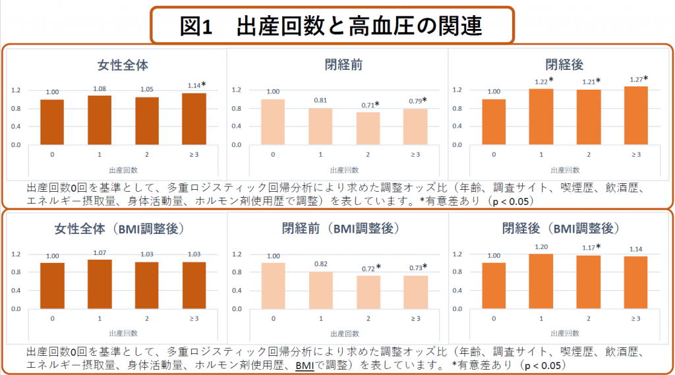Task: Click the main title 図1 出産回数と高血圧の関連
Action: pos(332,26)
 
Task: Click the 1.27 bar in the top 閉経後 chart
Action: pos(636,115)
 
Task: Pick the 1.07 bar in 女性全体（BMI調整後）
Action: pos(100,284)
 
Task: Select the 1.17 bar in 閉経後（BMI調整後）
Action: pos(589,282)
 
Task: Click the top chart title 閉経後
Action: pos(564,65)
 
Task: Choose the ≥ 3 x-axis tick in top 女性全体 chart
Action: pos(194,154)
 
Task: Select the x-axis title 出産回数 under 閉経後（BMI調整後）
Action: pos(564,333)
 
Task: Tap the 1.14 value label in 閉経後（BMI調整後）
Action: pos(635,248)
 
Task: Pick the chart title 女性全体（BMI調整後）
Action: pos(119,229)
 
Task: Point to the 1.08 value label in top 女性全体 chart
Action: pos(100,88)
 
